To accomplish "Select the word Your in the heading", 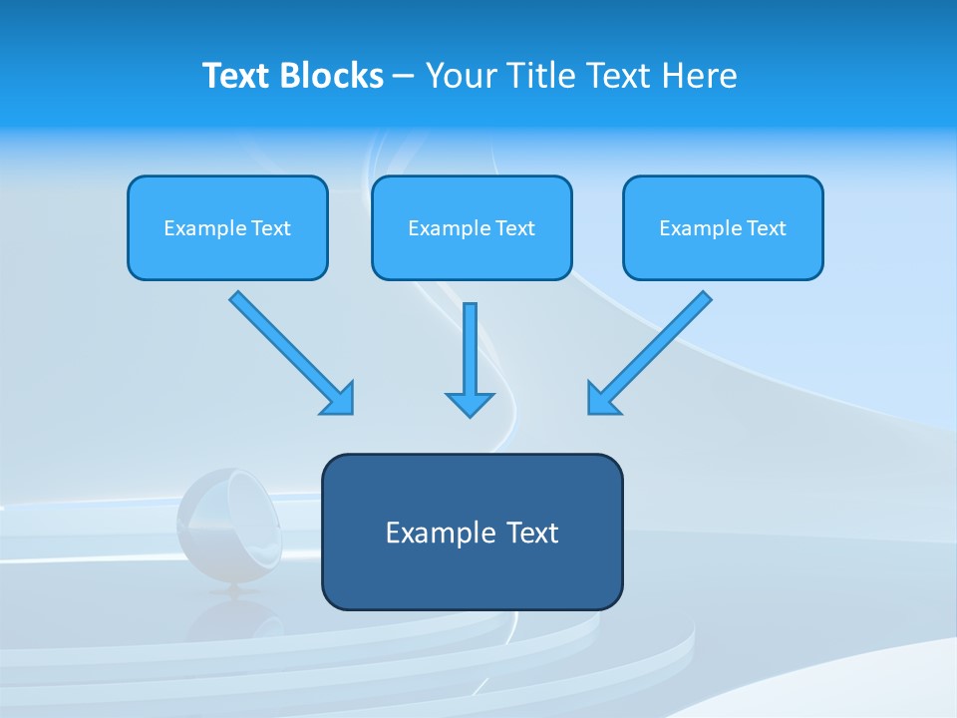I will click(x=462, y=76).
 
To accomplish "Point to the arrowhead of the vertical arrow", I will click(x=470, y=403).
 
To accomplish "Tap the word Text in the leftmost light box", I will click(x=271, y=228).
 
